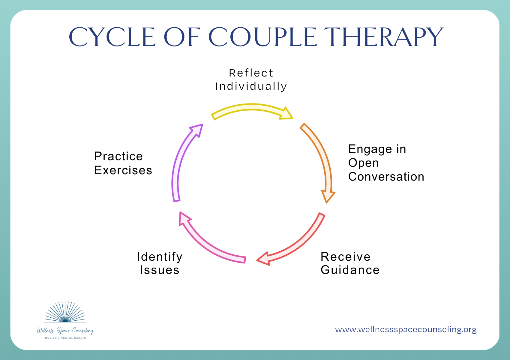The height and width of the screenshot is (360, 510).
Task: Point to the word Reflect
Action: pyautogui.click(x=251, y=73)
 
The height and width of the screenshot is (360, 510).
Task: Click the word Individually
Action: pyautogui.click(x=251, y=86)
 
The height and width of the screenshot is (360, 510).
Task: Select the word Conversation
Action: pyautogui.click(x=386, y=177)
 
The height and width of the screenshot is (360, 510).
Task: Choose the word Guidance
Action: pyautogui.click(x=350, y=270)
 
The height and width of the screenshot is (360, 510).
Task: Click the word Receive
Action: pyautogui.click(x=345, y=257)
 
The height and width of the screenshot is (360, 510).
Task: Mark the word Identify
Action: pyautogui.click(x=159, y=257)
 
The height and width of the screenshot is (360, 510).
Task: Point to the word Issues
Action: pyautogui.click(x=159, y=270)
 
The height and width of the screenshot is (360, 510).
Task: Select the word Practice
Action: pyautogui.click(x=118, y=156)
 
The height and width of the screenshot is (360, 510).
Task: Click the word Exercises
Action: pyautogui.click(x=123, y=170)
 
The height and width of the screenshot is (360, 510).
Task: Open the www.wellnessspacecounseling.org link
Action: pyautogui.click(x=406, y=329)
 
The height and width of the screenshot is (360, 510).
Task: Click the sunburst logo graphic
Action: pyautogui.click(x=65, y=313)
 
